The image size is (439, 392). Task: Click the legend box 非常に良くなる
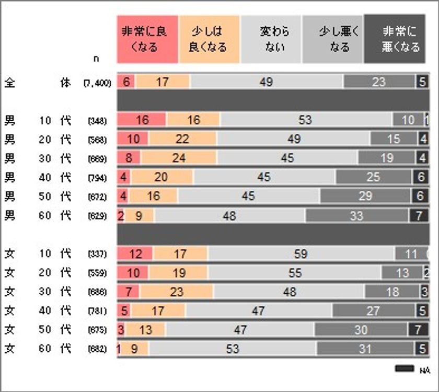tap(147, 39)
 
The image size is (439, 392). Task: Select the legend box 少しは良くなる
tap(209, 39)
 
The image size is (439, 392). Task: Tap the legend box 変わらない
tap(270, 39)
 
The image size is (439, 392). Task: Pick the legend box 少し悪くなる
tap(332, 39)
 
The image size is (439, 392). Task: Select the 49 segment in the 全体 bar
tap(267, 82)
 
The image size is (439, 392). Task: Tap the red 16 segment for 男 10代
tap(142, 120)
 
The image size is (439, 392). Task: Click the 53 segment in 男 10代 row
tap(305, 120)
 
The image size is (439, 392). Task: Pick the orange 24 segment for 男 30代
tap(178, 158)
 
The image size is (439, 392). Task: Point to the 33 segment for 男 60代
tap(356, 215)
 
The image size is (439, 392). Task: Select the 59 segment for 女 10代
tap(301, 254)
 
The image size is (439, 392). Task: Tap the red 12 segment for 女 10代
tap(135, 254)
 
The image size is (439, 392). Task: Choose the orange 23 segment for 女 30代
tap(176, 292)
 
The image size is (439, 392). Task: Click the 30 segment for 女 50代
tap(361, 330)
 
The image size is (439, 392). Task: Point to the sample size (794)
tap(98, 177)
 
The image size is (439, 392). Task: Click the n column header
tap(96, 59)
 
